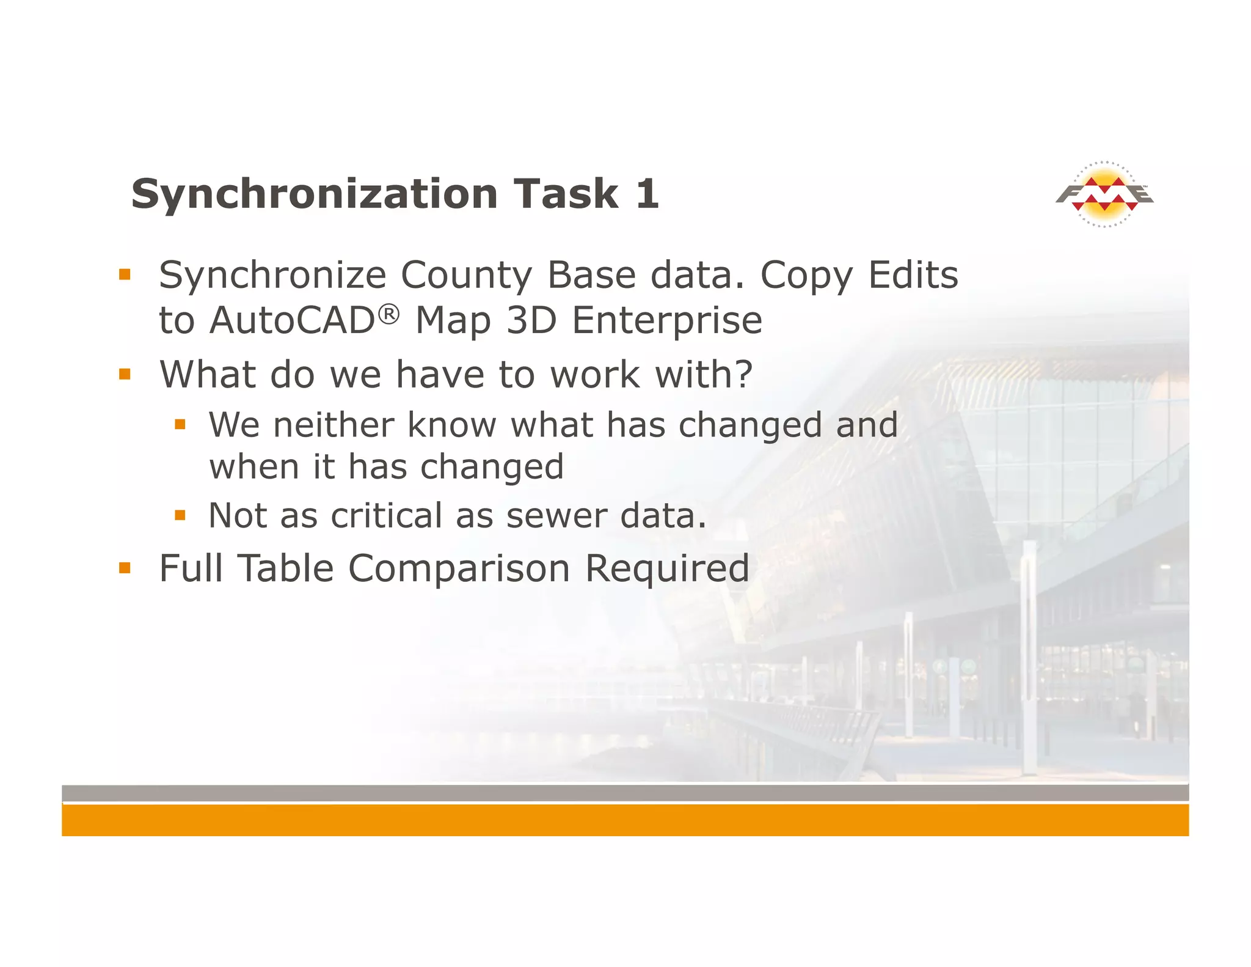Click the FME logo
(x=1104, y=194)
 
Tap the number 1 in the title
(x=647, y=194)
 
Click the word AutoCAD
(x=292, y=320)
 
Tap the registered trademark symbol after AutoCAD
(x=388, y=314)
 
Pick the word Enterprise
(x=667, y=322)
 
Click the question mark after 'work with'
(x=743, y=374)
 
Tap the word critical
(x=386, y=516)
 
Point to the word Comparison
(x=459, y=568)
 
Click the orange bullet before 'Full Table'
(x=125, y=568)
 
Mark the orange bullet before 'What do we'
(x=125, y=374)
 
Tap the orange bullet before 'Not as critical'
(x=180, y=516)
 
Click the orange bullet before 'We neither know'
(x=180, y=424)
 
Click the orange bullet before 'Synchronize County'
(x=125, y=274)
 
